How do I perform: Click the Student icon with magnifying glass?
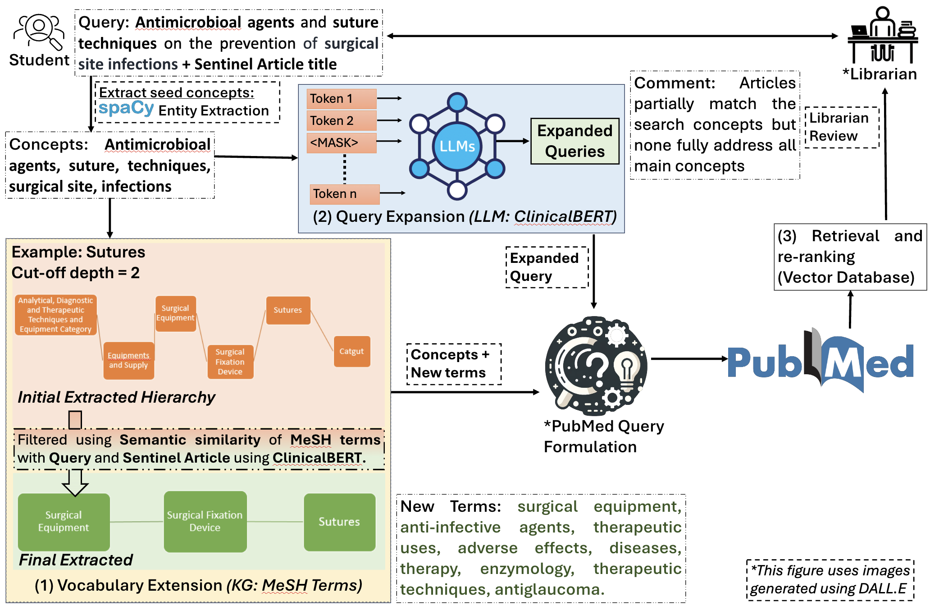[x=39, y=32]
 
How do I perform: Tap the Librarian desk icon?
[x=882, y=36]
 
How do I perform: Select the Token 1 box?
[x=341, y=99]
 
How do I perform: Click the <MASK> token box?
[x=341, y=142]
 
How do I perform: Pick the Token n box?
[x=344, y=194]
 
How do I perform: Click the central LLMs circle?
[x=457, y=146]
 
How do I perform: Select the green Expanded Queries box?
[x=574, y=141]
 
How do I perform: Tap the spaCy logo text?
[x=126, y=108]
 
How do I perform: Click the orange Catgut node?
[x=351, y=351]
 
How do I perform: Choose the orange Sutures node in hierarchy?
[x=288, y=310]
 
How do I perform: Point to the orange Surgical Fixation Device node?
[x=230, y=362]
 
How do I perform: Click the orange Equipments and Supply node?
[x=128, y=360]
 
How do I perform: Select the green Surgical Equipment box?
[x=64, y=521]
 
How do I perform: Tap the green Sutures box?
[x=339, y=522]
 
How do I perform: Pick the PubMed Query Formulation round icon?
[x=596, y=365]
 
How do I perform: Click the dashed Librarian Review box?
[x=841, y=127]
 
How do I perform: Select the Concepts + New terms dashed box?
[x=453, y=364]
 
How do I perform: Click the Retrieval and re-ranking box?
[x=850, y=257]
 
